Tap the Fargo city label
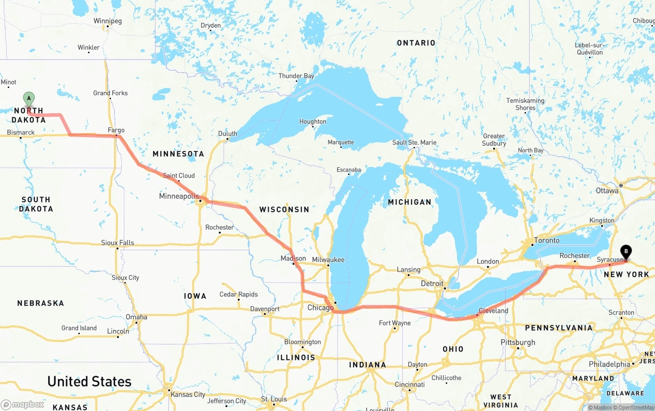116,131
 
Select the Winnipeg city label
107,21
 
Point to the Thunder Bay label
296,76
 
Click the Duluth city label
228,134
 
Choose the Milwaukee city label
328,260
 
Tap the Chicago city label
320,308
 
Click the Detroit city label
432,284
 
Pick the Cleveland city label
493,311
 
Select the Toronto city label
547,241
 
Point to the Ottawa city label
607,191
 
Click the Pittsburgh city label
518,342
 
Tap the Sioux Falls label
118,243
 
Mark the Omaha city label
137,317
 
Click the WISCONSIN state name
284,209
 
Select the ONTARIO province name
416,43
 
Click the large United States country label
89,382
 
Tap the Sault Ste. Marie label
414,143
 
